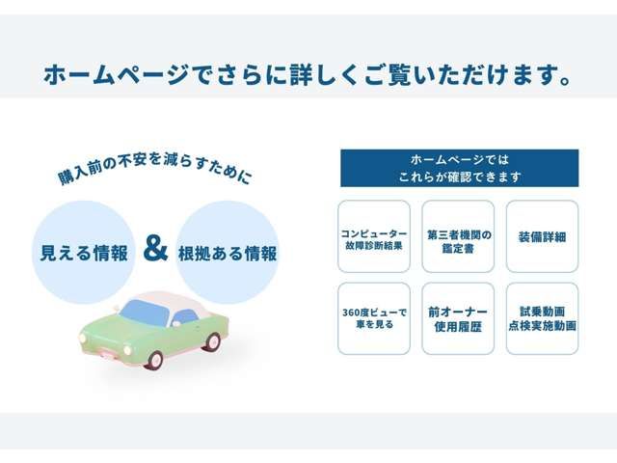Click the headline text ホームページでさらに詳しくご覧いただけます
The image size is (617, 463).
pyautogui.click(x=308, y=73)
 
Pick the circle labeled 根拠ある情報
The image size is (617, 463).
pyautogui.click(x=228, y=253)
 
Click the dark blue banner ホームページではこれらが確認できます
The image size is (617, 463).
pyautogui.click(x=459, y=168)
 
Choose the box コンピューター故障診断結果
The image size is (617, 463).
pyautogui.click(x=374, y=236)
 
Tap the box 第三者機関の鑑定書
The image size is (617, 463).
pyautogui.click(x=458, y=236)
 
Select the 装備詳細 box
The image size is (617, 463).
pyautogui.click(x=542, y=236)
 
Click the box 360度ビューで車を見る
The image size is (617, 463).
pyautogui.click(x=374, y=318)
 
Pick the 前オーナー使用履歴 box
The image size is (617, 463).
pyautogui.click(x=458, y=318)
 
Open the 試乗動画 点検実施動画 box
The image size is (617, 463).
pyautogui.click(x=542, y=318)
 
